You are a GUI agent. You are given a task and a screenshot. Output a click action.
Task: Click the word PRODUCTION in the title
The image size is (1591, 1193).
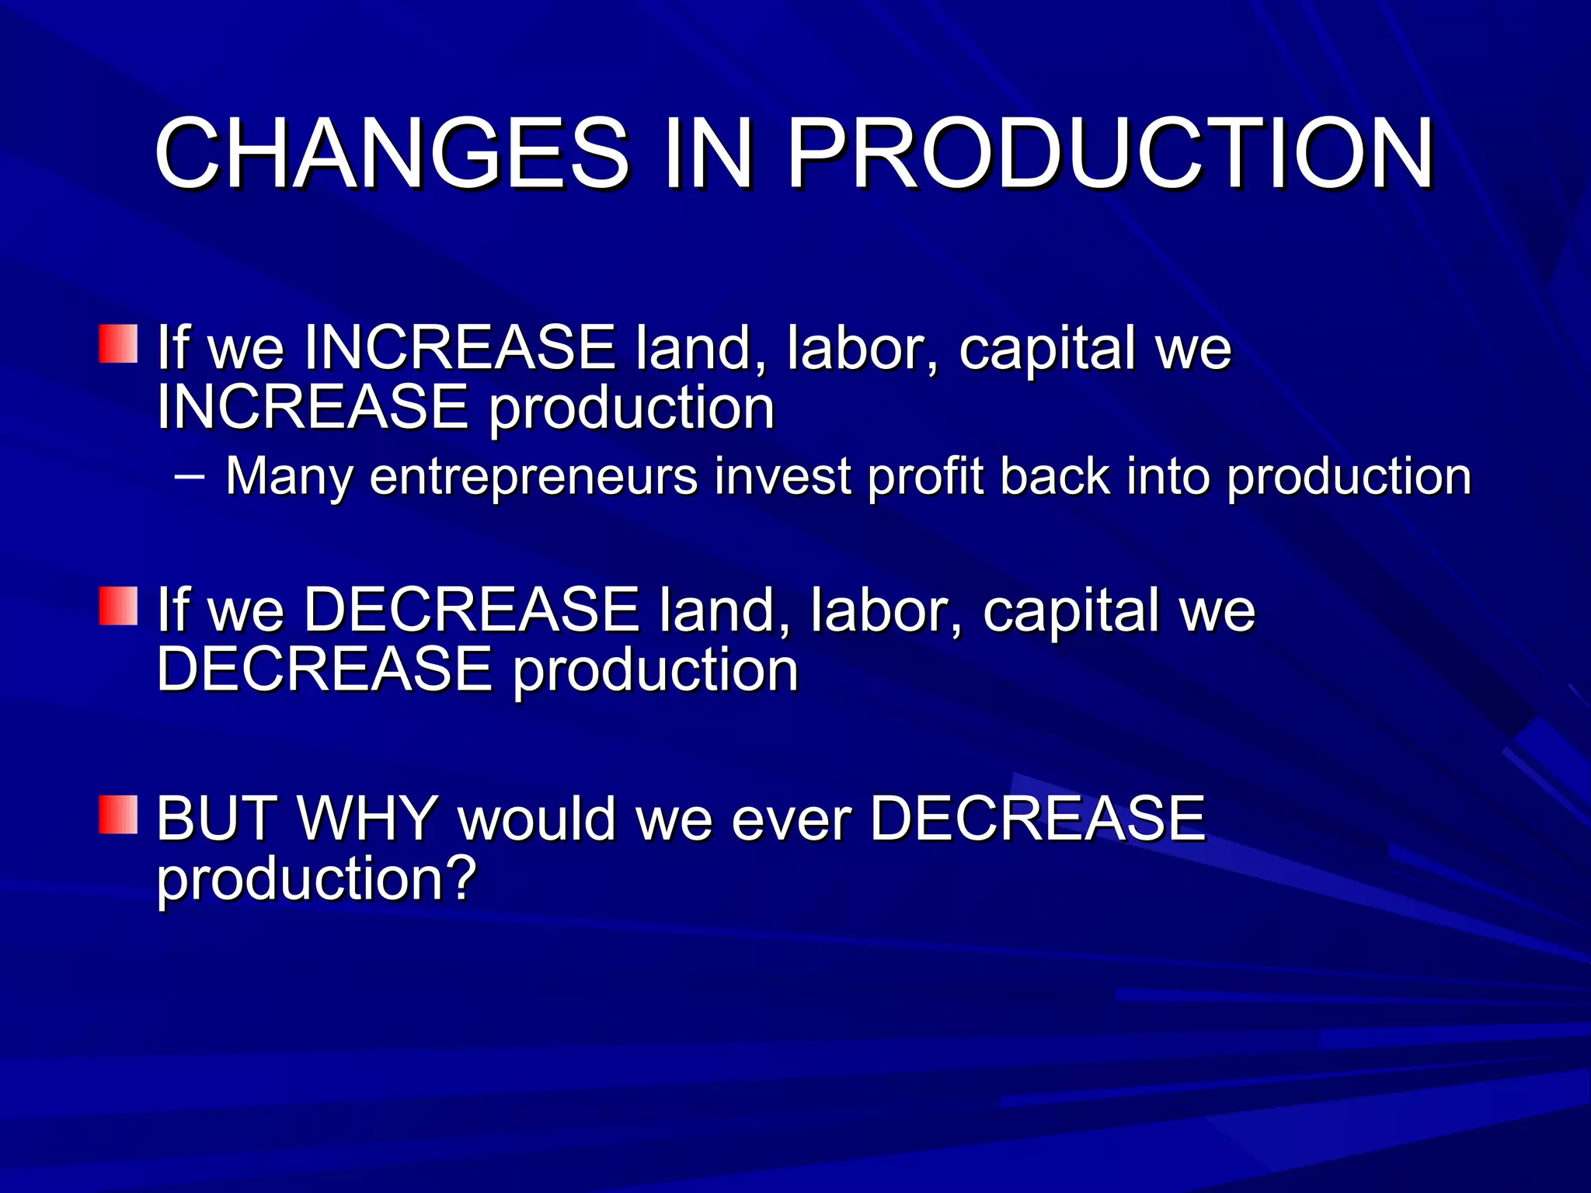click(x=1110, y=153)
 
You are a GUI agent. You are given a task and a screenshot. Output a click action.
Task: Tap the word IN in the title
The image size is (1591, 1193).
click(x=708, y=153)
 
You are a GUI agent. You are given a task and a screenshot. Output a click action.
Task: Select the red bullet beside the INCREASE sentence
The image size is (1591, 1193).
click(x=118, y=344)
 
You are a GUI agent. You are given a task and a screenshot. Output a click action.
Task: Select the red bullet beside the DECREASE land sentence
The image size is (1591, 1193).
click(x=118, y=606)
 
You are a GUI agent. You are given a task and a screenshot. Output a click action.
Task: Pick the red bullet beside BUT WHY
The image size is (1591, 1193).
click(x=118, y=815)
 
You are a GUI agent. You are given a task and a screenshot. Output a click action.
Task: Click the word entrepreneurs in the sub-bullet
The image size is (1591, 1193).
click(x=534, y=476)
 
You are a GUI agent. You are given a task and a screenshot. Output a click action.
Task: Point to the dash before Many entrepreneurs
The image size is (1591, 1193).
click(x=190, y=476)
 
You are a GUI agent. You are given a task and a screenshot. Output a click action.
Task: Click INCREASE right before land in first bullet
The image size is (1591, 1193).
click(x=460, y=347)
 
